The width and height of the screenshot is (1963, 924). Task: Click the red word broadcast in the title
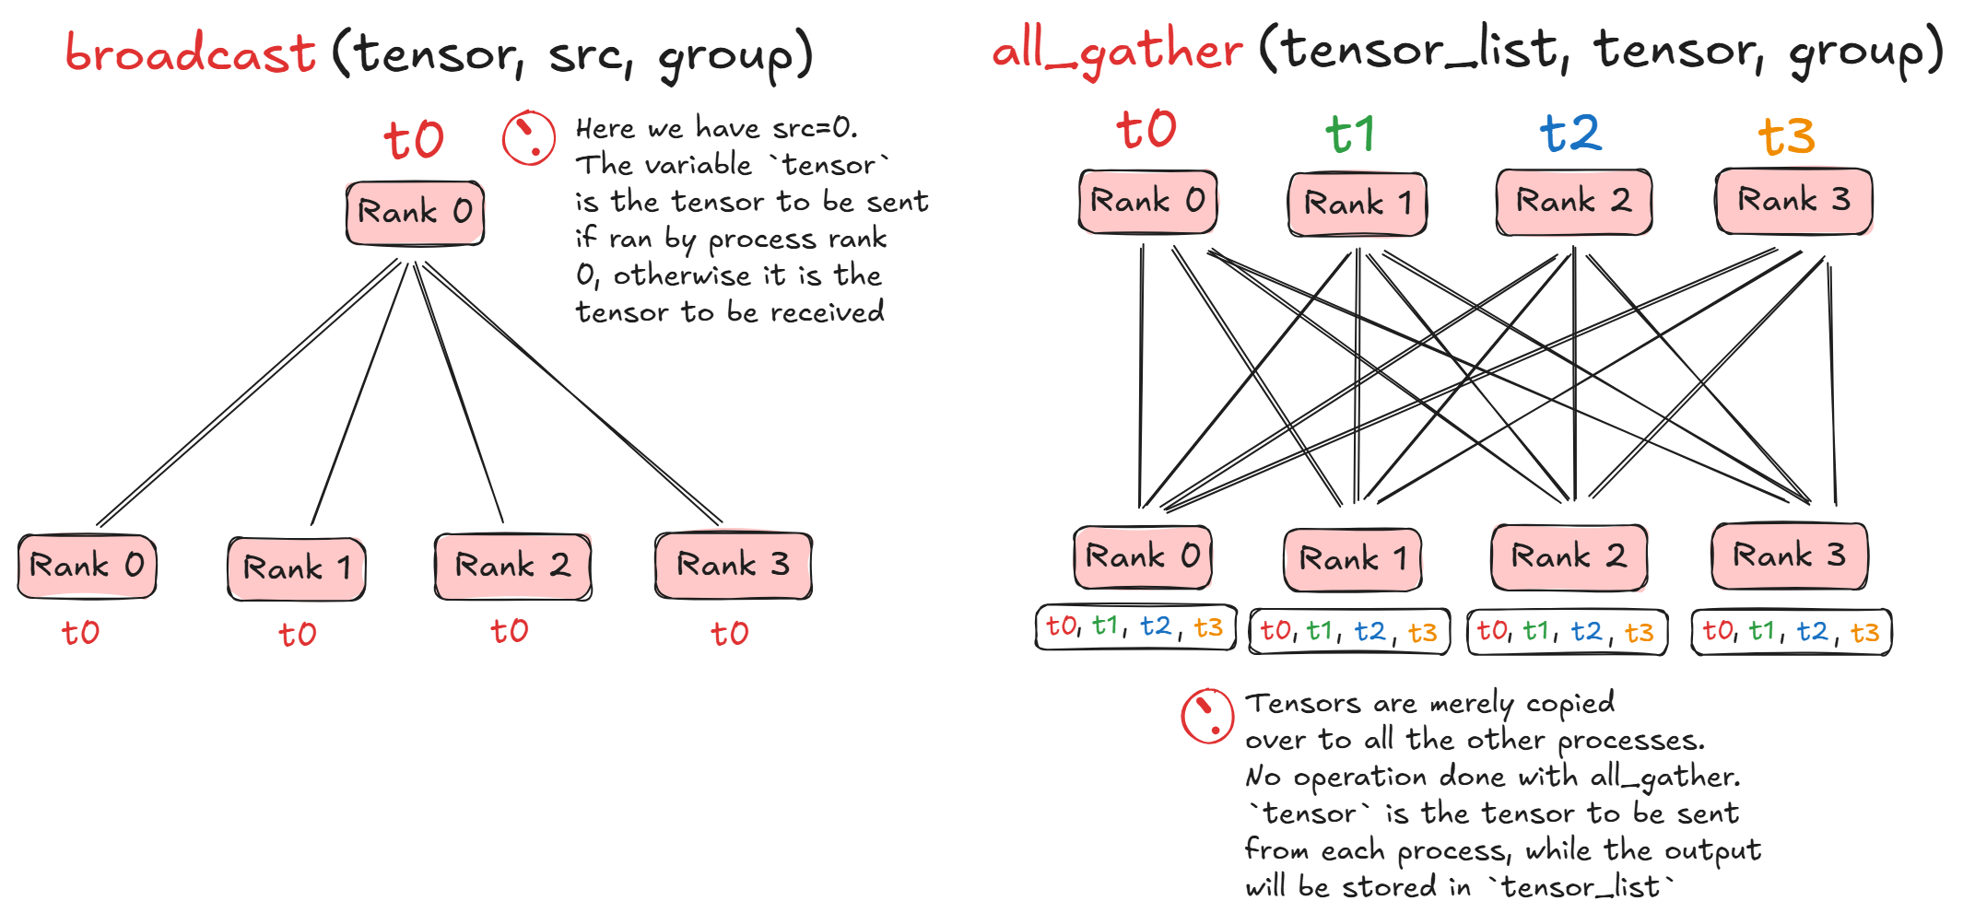coord(191,53)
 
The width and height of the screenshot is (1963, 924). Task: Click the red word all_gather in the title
coord(1117,50)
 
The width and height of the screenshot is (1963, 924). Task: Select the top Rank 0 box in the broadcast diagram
coord(415,213)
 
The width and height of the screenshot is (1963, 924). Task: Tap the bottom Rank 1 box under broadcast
coord(297,568)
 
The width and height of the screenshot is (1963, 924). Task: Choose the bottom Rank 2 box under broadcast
coord(512,566)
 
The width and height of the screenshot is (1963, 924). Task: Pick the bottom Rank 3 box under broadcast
coord(733,565)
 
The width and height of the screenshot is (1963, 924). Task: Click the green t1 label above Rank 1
coord(1350,135)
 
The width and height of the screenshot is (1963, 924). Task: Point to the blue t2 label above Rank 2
coord(1570,134)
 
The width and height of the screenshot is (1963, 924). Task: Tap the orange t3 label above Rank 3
coord(1786,137)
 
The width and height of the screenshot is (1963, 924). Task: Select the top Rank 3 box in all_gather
coord(1793,200)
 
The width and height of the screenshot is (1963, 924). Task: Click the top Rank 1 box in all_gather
coord(1357,204)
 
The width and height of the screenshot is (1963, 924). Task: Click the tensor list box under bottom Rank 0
coord(1134,627)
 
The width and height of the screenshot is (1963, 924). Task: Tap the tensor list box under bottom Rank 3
coord(1791,632)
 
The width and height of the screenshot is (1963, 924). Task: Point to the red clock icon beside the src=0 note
coord(528,138)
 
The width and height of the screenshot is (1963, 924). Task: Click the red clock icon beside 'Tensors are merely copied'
coord(1207,716)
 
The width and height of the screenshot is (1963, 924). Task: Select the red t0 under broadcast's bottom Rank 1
coord(297,634)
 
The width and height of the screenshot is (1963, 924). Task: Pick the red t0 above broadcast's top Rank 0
coord(414,141)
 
